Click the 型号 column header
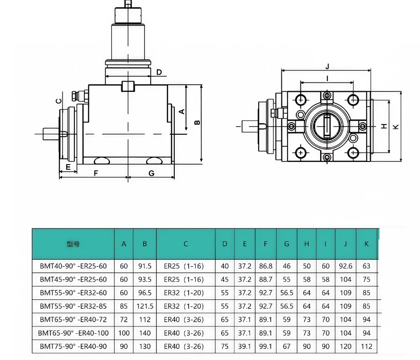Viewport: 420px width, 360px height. click(x=73, y=244)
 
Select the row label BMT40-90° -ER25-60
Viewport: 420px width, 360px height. click(x=73, y=266)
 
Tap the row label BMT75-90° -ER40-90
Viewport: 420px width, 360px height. click(x=73, y=347)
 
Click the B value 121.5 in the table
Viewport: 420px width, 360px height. click(x=145, y=306)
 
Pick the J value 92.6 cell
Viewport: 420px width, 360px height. click(x=345, y=266)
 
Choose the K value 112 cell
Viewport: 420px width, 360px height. click(x=366, y=347)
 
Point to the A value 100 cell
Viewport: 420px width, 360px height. click(x=124, y=333)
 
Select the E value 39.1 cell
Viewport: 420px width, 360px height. click(x=244, y=347)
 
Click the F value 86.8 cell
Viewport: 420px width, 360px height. click(x=265, y=266)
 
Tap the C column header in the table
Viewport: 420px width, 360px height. click(x=185, y=244)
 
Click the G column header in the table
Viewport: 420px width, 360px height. click(x=286, y=244)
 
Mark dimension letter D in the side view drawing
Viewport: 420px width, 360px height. click(x=159, y=72)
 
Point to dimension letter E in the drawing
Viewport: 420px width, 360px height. click(x=68, y=167)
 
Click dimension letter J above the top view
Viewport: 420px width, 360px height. click(x=327, y=66)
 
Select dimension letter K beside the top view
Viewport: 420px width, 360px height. click(x=395, y=127)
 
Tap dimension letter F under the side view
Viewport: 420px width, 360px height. click(x=95, y=173)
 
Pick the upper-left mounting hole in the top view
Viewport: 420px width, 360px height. click(x=301, y=99)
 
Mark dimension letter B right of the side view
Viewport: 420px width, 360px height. click(x=197, y=122)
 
